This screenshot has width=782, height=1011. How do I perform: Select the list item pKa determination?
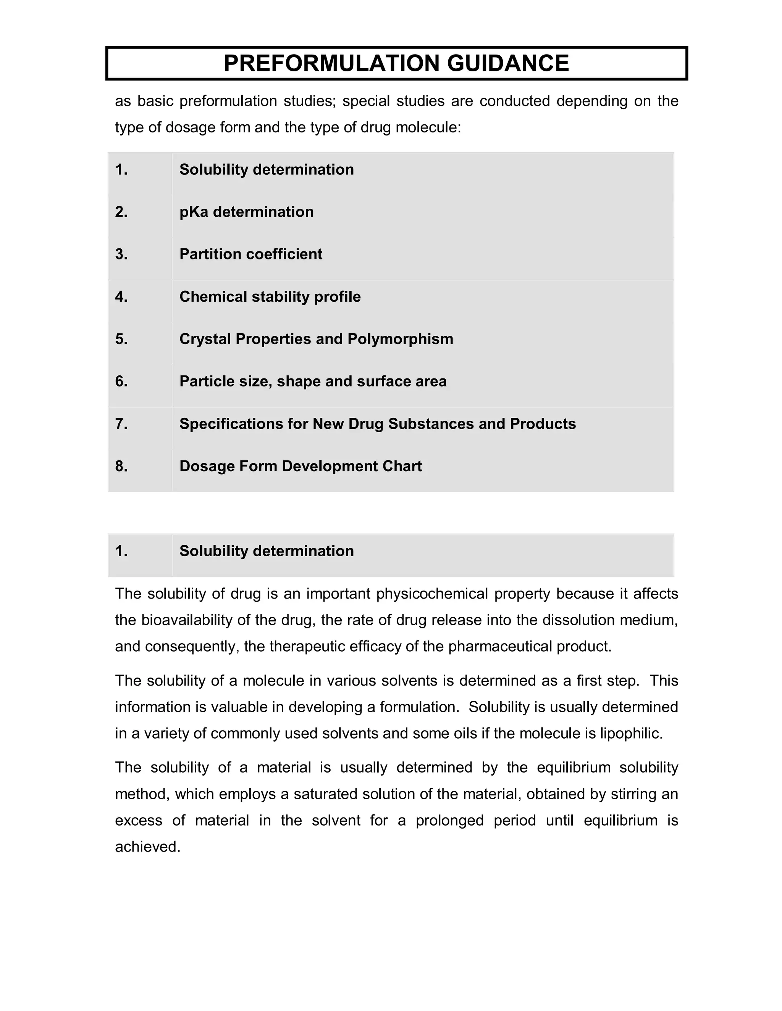coord(246,212)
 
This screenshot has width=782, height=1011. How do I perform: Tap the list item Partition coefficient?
coord(250,254)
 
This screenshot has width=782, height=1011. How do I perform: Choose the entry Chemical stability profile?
coord(270,297)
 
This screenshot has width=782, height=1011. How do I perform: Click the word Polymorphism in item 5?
coord(400,339)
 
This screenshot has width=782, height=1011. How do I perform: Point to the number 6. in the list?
coord(121,382)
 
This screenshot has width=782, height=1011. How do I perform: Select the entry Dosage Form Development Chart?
coord(300,466)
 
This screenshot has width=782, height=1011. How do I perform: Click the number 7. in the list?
coord(121,424)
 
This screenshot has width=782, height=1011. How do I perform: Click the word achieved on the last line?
coord(147,847)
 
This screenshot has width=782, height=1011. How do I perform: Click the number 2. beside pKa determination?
coord(121,212)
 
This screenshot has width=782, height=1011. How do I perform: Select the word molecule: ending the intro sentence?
coord(428,127)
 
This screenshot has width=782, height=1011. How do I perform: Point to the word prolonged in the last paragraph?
coord(449,821)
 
